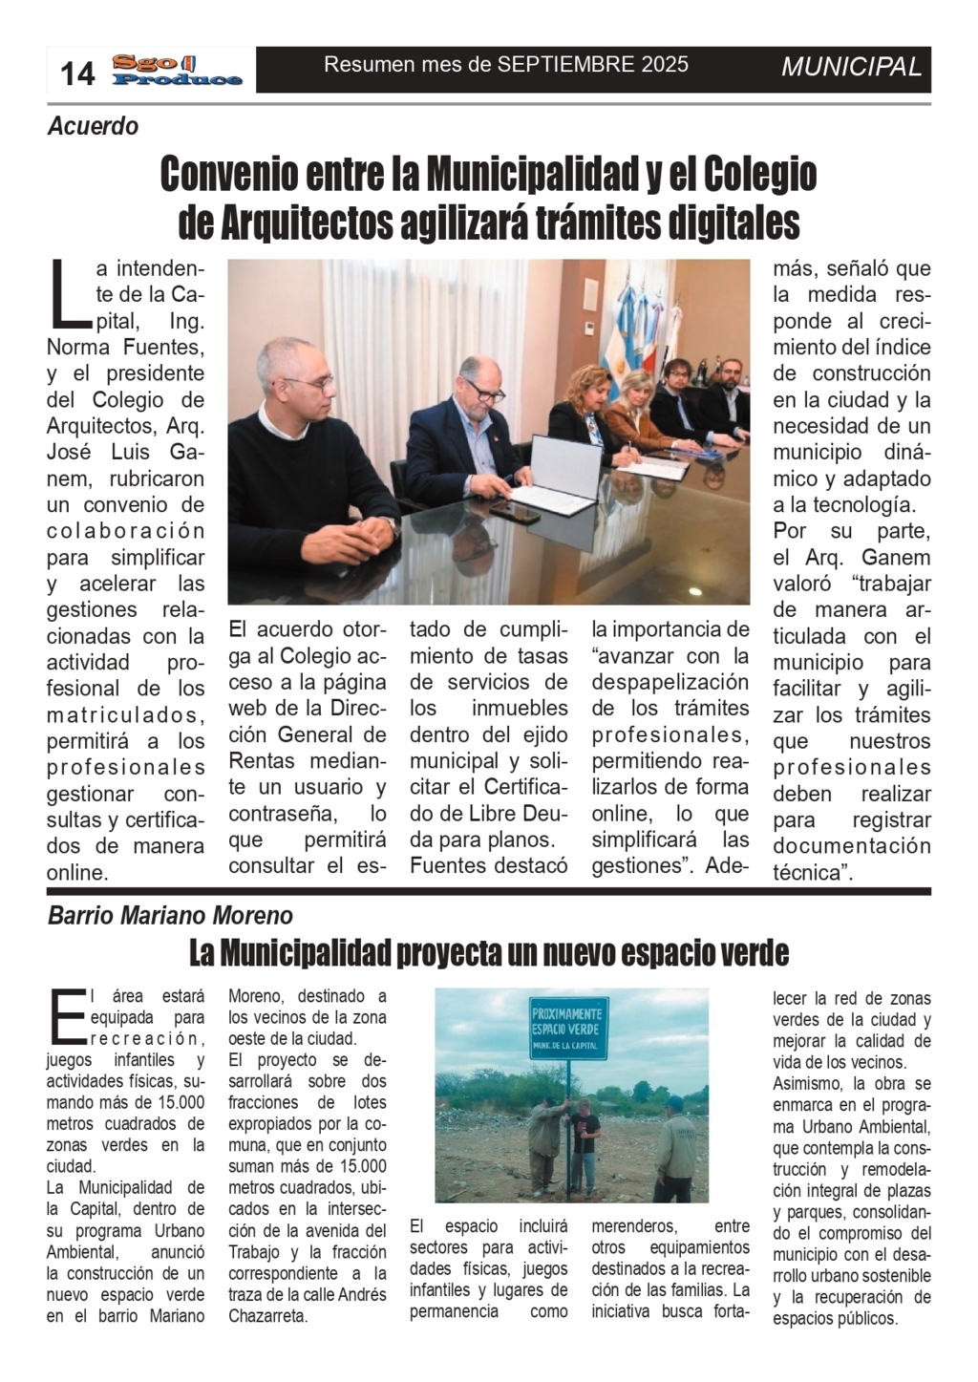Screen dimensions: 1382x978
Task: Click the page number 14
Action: click(78, 73)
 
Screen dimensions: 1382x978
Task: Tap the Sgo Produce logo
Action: click(177, 71)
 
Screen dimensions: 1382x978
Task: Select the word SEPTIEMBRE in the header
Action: click(564, 65)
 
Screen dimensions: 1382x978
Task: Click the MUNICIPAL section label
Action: click(851, 67)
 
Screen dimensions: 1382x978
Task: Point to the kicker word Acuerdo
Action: click(94, 126)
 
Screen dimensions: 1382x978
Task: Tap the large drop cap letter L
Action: click(67, 291)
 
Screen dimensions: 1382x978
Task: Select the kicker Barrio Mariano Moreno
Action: click(170, 916)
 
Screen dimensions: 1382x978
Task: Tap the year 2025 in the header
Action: click(665, 65)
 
